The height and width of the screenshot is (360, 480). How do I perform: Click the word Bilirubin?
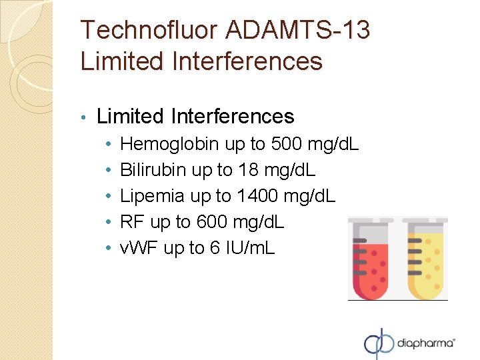[x=153, y=170]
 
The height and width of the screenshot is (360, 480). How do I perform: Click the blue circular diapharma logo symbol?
[x=379, y=343]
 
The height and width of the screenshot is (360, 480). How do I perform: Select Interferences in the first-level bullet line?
[x=233, y=117]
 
